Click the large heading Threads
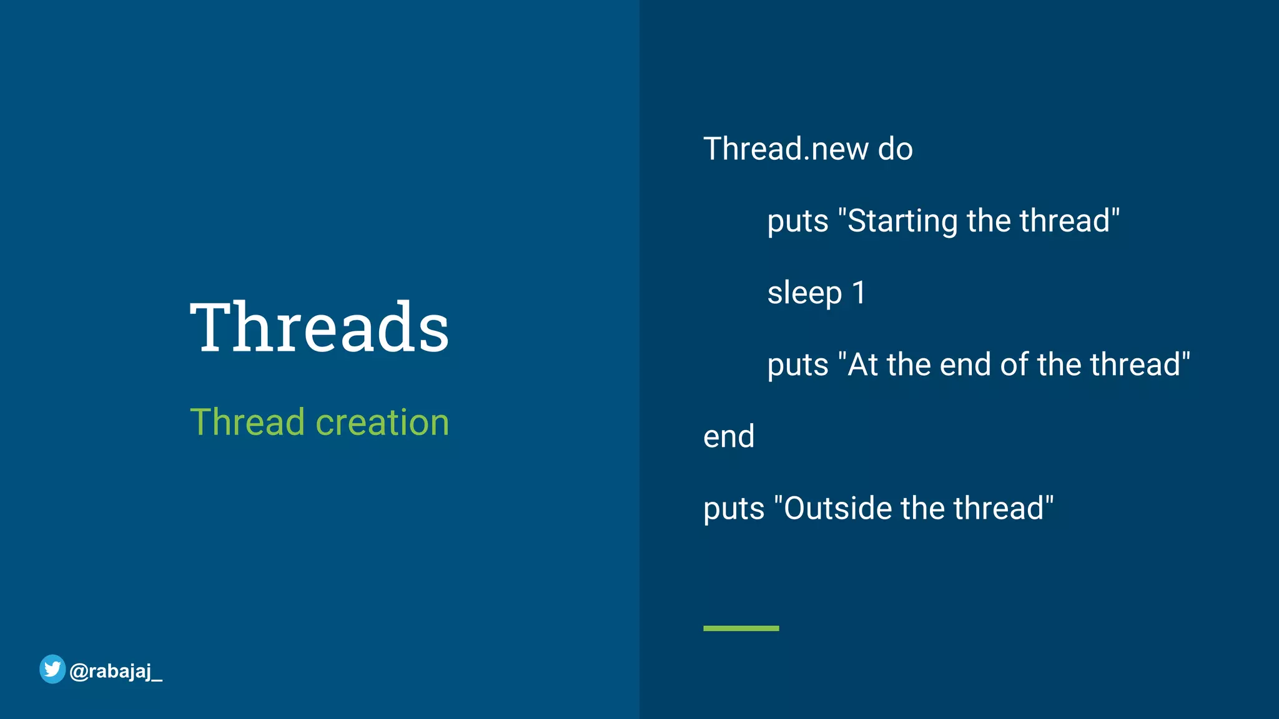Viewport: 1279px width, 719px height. pos(319,327)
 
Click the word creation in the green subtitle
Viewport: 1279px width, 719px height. pos(382,423)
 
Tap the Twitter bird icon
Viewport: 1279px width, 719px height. pos(52,669)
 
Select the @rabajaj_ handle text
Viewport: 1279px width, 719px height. pos(116,672)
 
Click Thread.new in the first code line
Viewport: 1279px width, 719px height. pos(786,149)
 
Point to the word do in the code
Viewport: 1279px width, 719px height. pos(895,149)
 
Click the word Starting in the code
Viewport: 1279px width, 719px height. pos(903,222)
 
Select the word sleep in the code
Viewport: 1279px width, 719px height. pos(804,293)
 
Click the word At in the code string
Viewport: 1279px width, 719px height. pos(862,364)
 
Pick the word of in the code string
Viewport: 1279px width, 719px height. pos(1014,364)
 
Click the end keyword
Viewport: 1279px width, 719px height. pos(729,436)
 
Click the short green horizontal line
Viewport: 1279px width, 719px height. pos(741,628)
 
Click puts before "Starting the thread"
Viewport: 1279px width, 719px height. pos(798,222)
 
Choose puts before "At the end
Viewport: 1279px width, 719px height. pos(798,365)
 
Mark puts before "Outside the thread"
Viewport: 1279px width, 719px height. pos(734,509)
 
